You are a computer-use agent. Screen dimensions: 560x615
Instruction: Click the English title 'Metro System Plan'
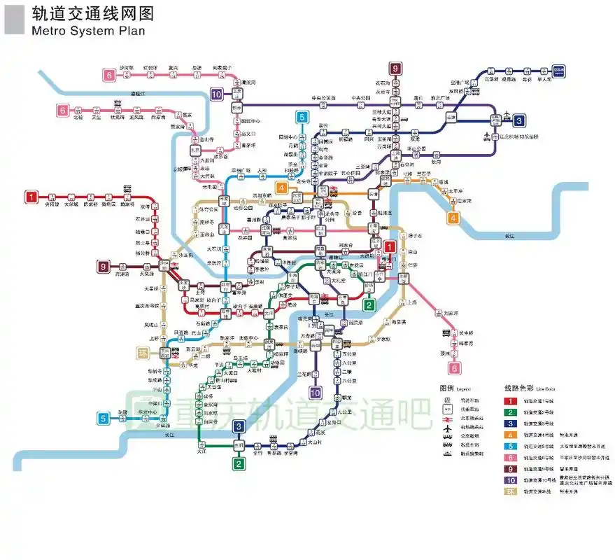pos(88,31)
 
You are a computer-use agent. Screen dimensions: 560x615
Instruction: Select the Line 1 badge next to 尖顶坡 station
pos(31,197)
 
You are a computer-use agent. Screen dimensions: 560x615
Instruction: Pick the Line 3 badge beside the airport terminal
pos(518,120)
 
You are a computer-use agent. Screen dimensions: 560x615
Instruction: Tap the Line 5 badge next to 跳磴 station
pos(103,419)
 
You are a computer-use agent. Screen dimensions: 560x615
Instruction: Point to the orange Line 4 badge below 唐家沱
pos(453,218)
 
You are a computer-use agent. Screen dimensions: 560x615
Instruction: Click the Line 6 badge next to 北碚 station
pos(63,110)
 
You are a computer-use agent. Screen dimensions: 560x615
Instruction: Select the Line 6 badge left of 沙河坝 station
pos(108,75)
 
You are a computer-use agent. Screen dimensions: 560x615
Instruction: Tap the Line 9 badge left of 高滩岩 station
pos(104,266)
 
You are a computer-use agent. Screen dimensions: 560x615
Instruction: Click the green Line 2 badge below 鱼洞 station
pos(239,463)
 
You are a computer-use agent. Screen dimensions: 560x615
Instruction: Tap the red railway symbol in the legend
pos(446,417)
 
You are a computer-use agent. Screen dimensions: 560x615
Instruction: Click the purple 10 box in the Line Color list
pos(511,480)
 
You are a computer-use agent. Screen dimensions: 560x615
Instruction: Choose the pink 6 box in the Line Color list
pos(511,457)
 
